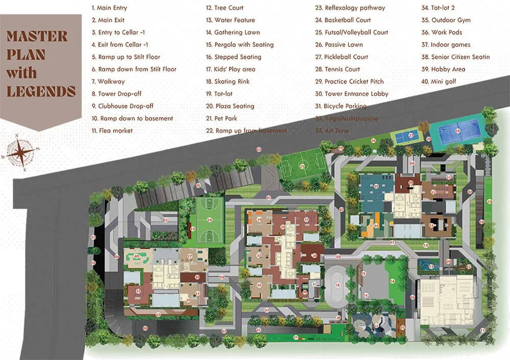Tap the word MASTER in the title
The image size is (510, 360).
point(37,36)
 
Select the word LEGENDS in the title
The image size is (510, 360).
point(41,91)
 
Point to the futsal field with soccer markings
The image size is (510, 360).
point(302,166)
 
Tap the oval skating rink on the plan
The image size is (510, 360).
point(337,285)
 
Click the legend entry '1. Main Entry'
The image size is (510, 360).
point(110,8)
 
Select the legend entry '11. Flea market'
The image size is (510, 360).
point(112,131)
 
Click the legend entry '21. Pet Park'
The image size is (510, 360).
point(222,118)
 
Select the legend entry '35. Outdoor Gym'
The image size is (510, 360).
point(446,20)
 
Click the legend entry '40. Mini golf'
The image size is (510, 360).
point(439,82)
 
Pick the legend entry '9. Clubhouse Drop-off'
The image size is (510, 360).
point(122,106)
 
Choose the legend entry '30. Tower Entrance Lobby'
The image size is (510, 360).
point(352,94)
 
